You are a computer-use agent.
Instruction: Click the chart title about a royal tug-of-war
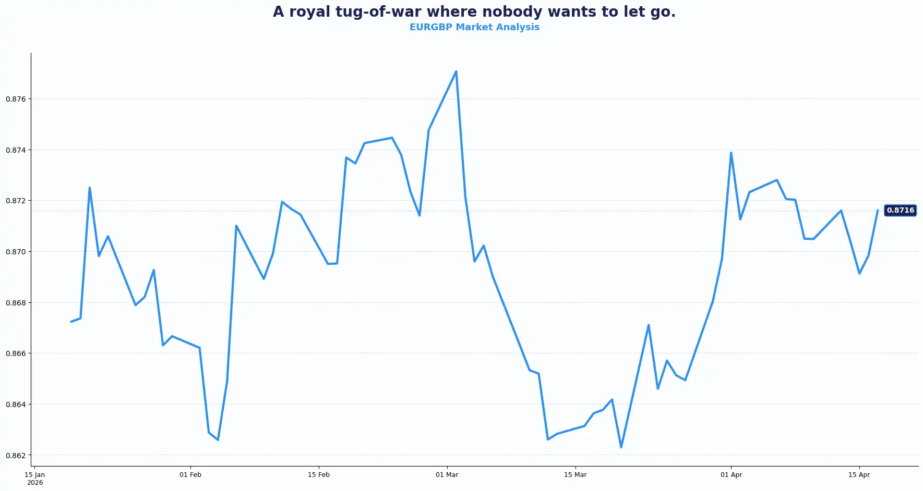pos(474,12)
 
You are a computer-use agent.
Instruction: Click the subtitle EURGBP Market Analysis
pos(474,27)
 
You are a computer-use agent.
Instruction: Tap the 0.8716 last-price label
pos(900,211)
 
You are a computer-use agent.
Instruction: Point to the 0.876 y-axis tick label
pos(16,99)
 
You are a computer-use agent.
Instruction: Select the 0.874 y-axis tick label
pos(16,150)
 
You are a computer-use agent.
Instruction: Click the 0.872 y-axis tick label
pos(16,201)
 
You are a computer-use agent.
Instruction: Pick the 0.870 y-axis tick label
pos(16,252)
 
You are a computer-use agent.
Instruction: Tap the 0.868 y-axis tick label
pos(16,303)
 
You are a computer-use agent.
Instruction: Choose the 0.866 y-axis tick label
pos(16,353)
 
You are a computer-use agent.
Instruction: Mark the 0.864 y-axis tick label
pos(16,404)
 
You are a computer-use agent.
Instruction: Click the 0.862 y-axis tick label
pos(16,456)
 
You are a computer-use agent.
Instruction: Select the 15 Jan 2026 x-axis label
pos(35,478)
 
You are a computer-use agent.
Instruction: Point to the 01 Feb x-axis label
pos(190,475)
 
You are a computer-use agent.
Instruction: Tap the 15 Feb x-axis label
pos(319,475)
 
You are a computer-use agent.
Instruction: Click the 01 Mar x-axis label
pos(447,475)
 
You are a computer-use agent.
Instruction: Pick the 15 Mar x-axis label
pos(576,475)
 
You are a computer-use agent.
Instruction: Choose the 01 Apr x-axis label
pos(731,475)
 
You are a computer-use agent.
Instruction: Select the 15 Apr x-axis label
pos(859,475)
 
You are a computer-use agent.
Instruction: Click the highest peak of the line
pos(456,71)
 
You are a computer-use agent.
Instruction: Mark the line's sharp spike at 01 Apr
pos(731,153)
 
